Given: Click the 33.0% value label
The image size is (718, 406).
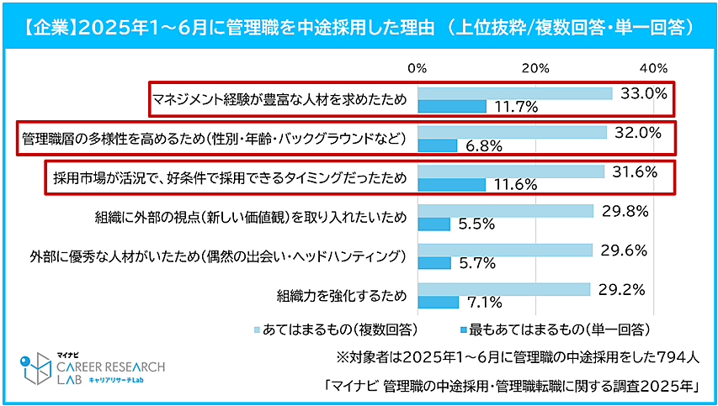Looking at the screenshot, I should (x=644, y=93).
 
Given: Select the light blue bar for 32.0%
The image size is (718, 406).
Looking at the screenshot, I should (x=512, y=132).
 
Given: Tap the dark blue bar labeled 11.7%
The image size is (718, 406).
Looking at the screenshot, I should (x=452, y=106).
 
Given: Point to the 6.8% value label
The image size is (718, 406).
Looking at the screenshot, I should (x=483, y=146).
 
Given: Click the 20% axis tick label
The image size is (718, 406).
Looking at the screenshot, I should (x=535, y=67).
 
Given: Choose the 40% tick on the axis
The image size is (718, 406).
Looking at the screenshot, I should (x=653, y=67).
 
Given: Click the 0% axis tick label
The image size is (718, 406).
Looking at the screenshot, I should (x=418, y=67).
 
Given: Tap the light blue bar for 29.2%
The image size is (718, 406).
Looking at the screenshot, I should (x=503, y=288).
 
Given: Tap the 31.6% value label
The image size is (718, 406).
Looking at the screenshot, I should (x=636, y=171).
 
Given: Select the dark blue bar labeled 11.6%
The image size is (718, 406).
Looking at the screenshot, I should (x=452, y=185).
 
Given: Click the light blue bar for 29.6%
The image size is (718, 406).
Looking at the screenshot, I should (x=505, y=250).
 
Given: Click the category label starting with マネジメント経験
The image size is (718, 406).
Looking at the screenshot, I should (x=279, y=99).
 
